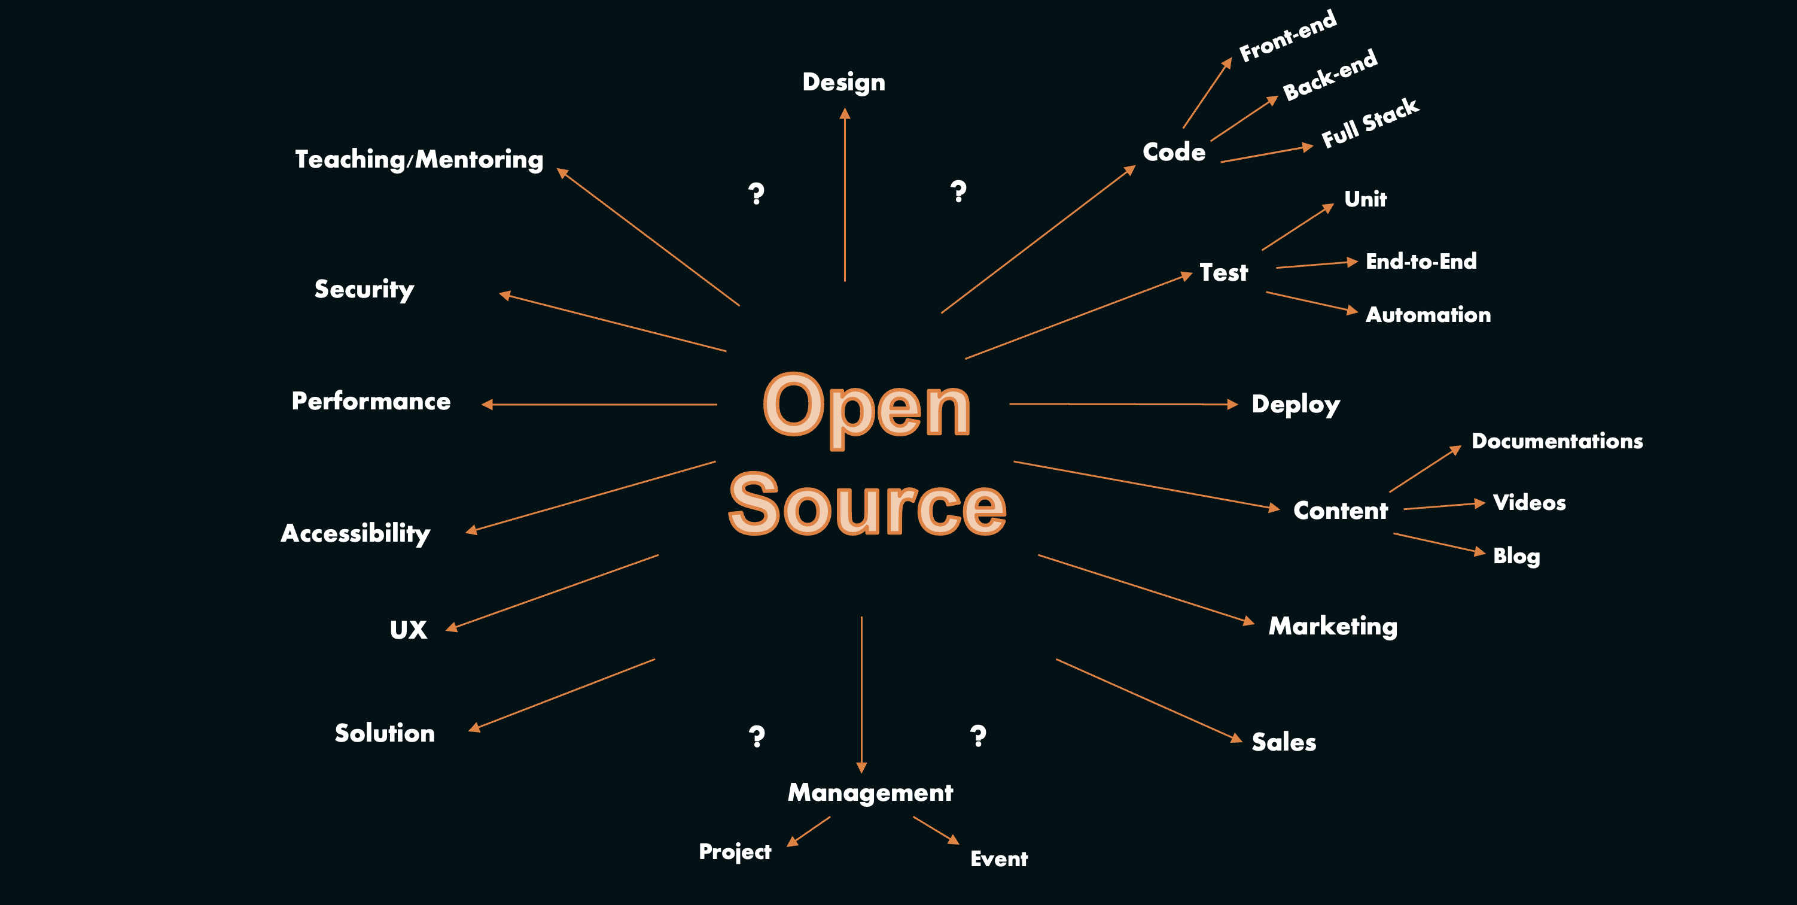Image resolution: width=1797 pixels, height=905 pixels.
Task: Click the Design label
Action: tap(843, 83)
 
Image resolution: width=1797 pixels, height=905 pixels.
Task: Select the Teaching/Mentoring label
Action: tap(419, 159)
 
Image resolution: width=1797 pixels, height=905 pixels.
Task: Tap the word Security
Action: tap(364, 289)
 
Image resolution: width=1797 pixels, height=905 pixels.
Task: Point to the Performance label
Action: tap(370, 401)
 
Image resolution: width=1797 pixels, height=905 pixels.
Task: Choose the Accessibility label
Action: tap(355, 533)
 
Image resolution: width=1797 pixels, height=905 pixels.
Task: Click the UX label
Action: tap(408, 630)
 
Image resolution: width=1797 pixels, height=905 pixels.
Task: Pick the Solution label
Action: tap(385, 733)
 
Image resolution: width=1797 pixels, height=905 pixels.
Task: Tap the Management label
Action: tap(870, 792)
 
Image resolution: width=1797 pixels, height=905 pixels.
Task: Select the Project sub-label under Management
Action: tap(735, 851)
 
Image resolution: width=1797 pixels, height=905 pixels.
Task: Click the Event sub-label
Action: tap(998, 858)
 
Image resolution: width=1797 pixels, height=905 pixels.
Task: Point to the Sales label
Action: tap(1284, 742)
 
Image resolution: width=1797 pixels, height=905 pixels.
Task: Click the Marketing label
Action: tap(1332, 626)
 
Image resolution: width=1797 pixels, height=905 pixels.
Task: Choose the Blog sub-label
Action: tap(1516, 556)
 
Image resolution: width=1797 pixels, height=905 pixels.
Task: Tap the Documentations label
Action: tap(1557, 441)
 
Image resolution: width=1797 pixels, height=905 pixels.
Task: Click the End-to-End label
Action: tap(1421, 261)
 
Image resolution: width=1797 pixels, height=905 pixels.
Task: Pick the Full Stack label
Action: tap(1369, 123)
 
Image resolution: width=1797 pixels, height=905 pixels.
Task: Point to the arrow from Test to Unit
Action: tap(1297, 227)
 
